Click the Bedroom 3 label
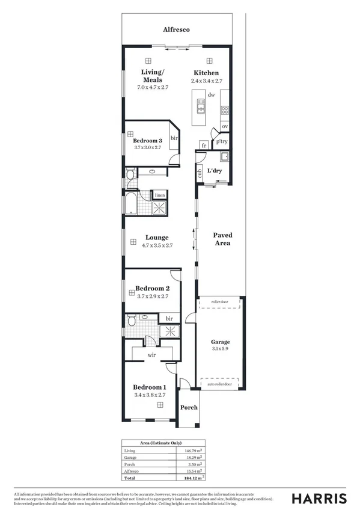pyautogui.click(x=148, y=140)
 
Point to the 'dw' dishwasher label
pyautogui.click(x=211, y=94)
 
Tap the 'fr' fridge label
pyautogui.click(x=204, y=146)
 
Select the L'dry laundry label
pyautogui.click(x=215, y=171)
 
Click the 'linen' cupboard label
pyautogui.click(x=159, y=195)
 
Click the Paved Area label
pyautogui.click(x=222, y=239)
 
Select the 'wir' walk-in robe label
pyautogui.click(x=153, y=355)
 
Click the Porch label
pyautogui.click(x=189, y=408)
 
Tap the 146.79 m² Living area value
pyautogui.click(x=198, y=450)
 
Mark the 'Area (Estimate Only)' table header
pyautogui.click(x=160, y=443)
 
